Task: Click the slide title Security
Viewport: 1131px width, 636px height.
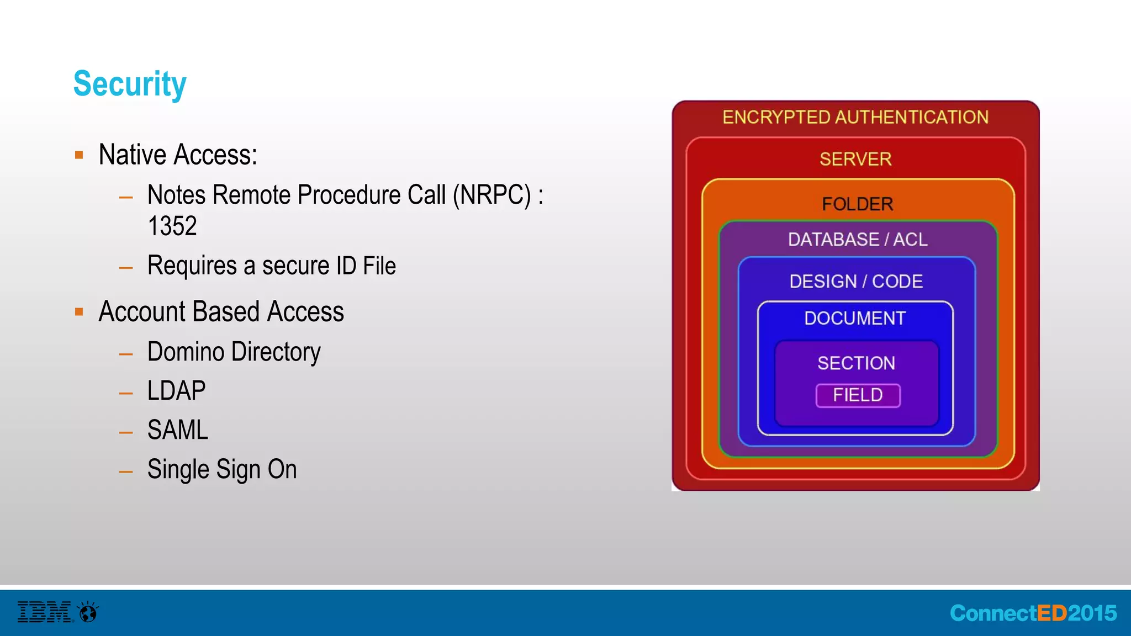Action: tap(130, 84)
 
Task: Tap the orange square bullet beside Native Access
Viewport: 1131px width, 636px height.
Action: tap(79, 155)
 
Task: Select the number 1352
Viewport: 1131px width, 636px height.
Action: tap(172, 226)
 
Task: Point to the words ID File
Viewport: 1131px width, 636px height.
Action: tap(366, 266)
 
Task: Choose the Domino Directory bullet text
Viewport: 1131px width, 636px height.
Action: tap(234, 352)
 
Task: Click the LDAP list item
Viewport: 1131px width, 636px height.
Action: tap(176, 391)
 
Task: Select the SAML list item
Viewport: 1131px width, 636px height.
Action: tap(177, 430)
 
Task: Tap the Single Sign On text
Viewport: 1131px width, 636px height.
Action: tap(222, 469)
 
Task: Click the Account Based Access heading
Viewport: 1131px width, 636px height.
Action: tap(221, 311)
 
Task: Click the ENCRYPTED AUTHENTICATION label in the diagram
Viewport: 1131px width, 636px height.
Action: tap(855, 118)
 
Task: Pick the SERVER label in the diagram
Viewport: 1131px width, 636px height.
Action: tap(855, 160)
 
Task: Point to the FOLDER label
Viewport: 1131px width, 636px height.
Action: tap(857, 204)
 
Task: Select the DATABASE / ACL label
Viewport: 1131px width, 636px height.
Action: tap(857, 240)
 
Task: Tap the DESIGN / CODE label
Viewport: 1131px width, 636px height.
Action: tap(856, 282)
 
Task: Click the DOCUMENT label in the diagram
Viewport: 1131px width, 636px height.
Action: tap(855, 319)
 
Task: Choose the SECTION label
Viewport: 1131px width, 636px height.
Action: tap(856, 363)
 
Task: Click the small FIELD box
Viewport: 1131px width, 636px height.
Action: tap(858, 395)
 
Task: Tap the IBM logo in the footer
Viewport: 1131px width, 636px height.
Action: tap(45, 612)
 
